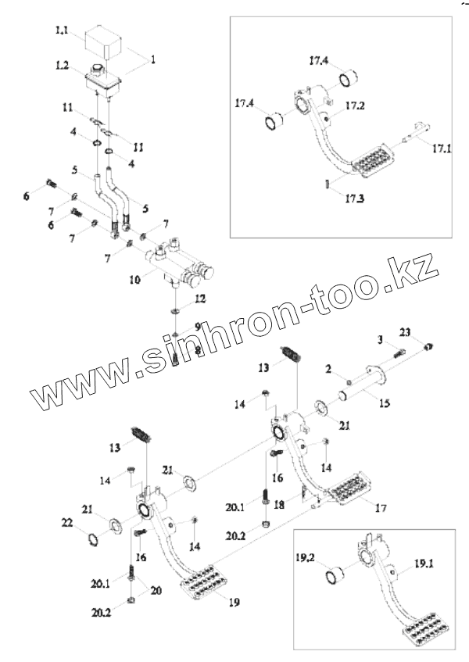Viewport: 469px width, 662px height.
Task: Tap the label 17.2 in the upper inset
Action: click(356, 106)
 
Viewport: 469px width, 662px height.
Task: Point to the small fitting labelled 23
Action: click(428, 345)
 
